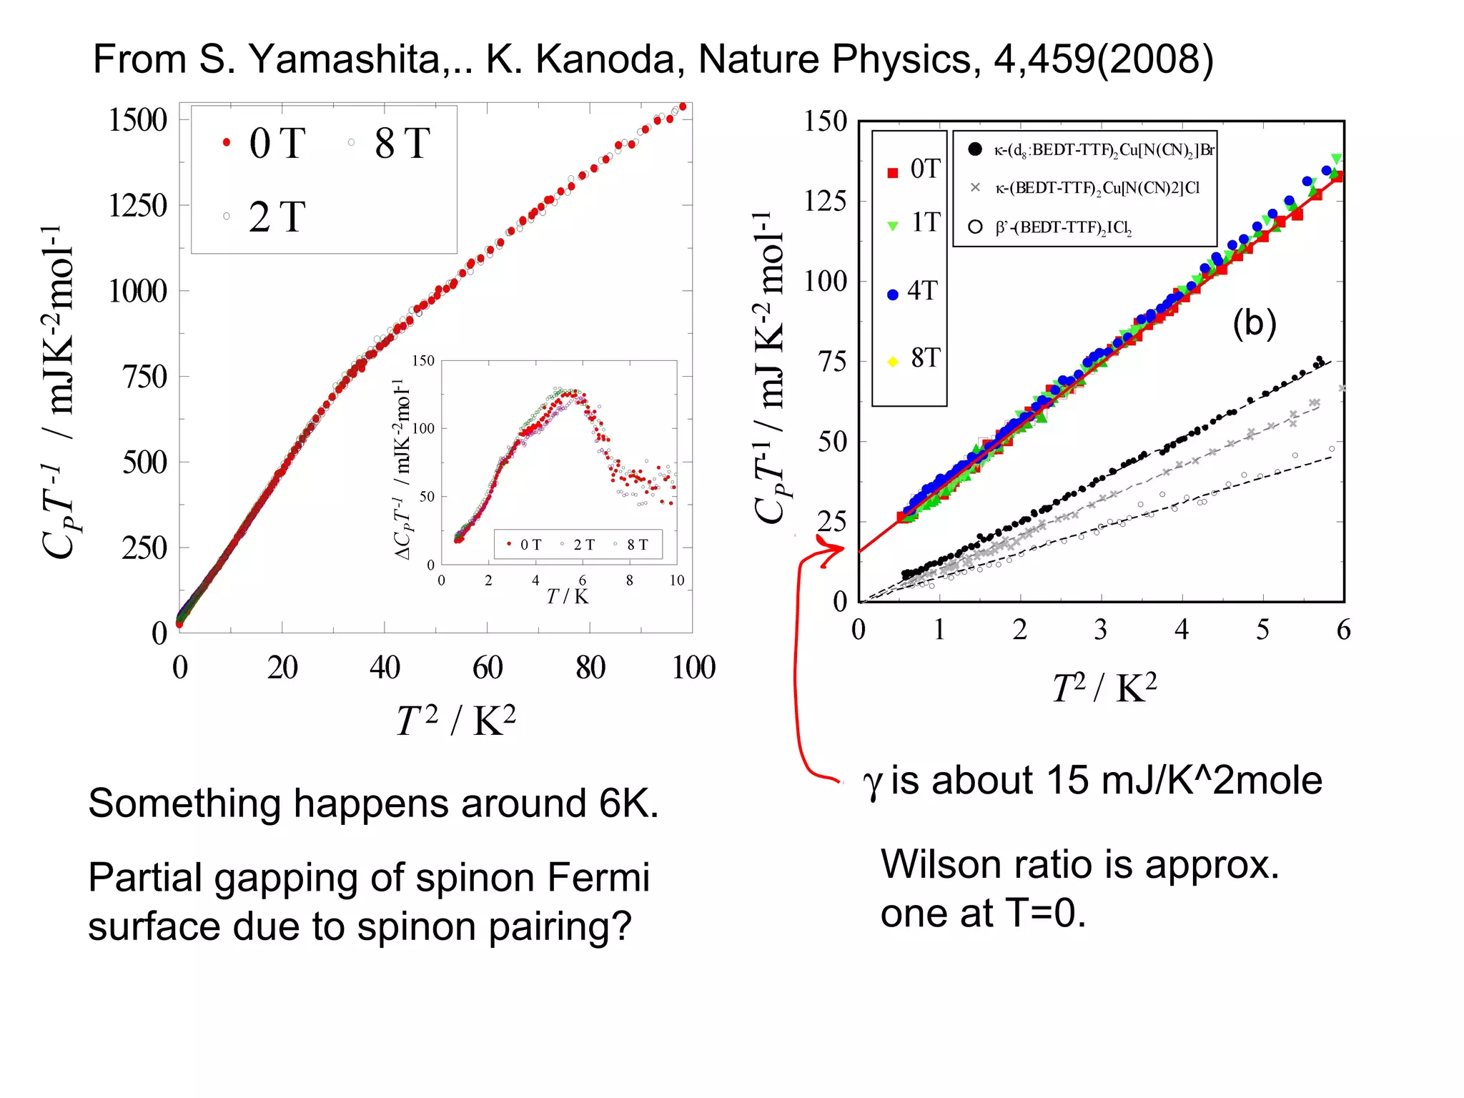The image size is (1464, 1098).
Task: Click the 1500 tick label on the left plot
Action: coord(137,120)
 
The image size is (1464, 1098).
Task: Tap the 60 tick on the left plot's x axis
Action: coord(488,668)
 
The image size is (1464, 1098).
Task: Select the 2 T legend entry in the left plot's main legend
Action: coord(277,217)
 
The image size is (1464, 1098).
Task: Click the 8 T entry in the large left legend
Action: coord(402,143)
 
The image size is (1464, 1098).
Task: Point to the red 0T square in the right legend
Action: coord(893,173)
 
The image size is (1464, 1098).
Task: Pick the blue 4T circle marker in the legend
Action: coord(893,295)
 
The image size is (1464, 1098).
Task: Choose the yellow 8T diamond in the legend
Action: coord(893,362)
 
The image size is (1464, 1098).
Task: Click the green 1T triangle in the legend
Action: coord(893,226)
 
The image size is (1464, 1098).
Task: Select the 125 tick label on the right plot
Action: coord(825,202)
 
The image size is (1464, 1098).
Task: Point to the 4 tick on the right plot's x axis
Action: coord(1182,630)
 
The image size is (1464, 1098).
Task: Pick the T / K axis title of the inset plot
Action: coord(568,596)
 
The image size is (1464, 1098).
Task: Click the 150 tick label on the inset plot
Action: coord(423,361)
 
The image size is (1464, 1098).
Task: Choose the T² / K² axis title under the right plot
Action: coord(1104,688)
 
